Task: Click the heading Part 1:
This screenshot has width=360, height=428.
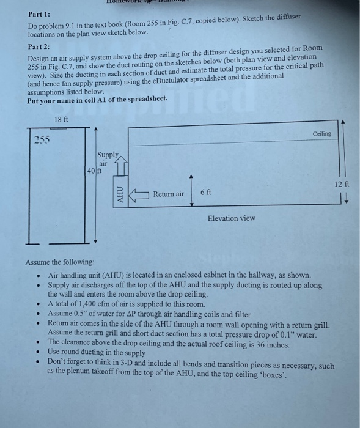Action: pos(39,13)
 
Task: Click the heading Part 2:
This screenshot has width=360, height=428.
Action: pos(39,46)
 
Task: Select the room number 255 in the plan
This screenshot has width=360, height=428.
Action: pos(42,139)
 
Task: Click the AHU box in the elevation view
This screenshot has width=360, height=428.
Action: pos(120,194)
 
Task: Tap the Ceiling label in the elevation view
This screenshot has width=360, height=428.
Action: pos(322,133)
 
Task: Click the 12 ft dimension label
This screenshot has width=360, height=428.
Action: pos(341,183)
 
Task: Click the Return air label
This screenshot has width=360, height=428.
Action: pos(168,194)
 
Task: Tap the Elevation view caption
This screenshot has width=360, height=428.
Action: pos(231,218)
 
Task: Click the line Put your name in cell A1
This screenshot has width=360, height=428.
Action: pos(97,100)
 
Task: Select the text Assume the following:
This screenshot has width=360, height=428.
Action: pos(60,262)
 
